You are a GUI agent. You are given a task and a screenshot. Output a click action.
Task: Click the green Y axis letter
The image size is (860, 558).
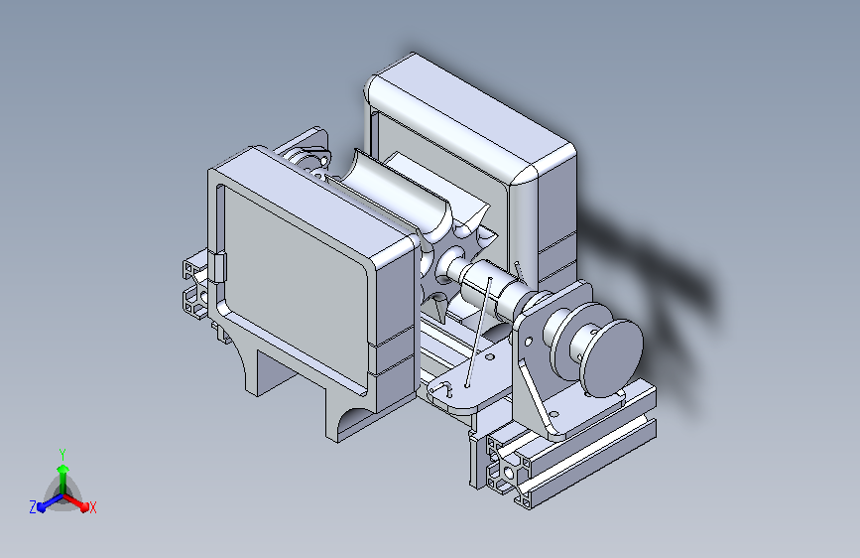click(x=62, y=454)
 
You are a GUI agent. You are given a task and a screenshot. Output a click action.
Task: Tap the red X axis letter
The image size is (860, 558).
click(x=92, y=507)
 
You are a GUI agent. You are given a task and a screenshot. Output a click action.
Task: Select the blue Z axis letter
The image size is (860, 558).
click(x=33, y=507)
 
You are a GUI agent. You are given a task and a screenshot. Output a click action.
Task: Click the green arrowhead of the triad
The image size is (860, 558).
click(x=63, y=469)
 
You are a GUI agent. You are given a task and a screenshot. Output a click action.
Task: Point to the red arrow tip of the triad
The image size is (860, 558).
click(x=84, y=505)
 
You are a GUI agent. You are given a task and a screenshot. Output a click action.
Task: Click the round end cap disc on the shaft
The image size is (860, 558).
click(x=614, y=357)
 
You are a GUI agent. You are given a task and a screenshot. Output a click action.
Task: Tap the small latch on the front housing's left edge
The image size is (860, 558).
click(x=219, y=267)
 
